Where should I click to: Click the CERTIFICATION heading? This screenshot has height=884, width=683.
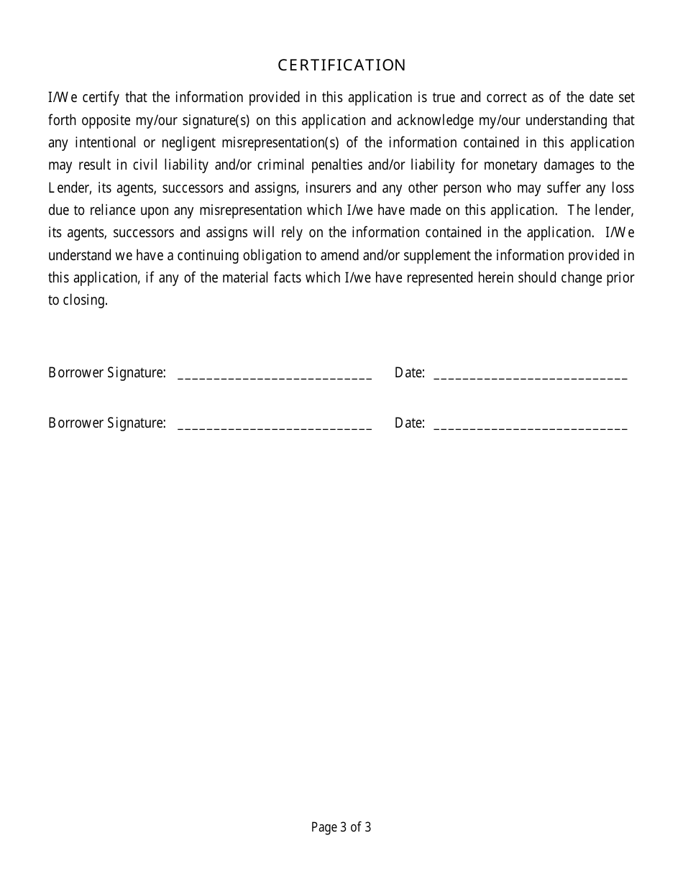tap(341, 65)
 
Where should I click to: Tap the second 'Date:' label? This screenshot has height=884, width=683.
tap(409, 423)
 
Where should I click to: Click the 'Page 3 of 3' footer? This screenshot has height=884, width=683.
tap(341, 827)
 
